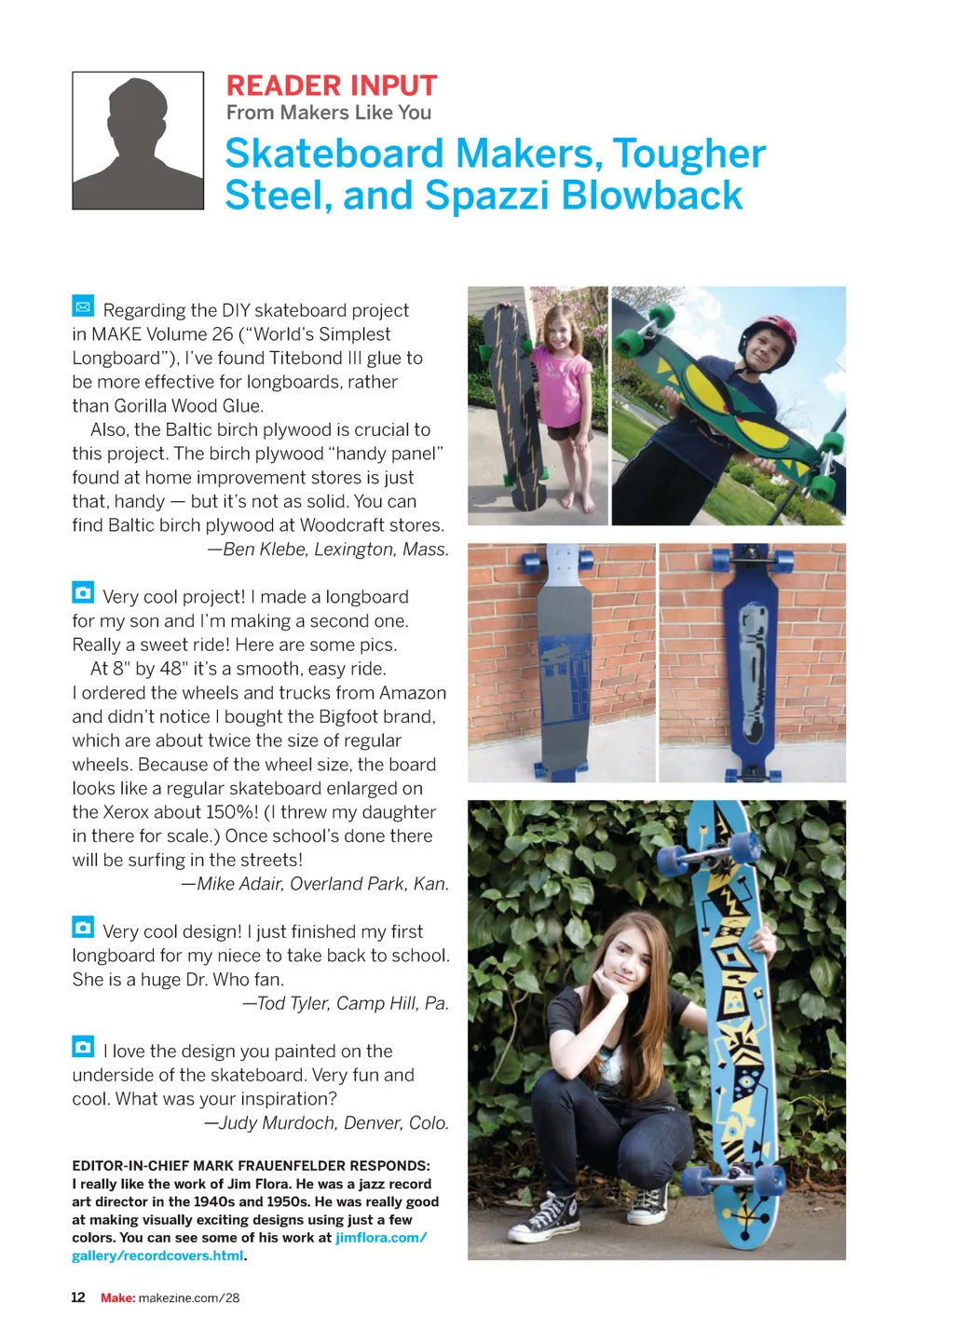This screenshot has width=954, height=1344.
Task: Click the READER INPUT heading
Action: click(x=331, y=86)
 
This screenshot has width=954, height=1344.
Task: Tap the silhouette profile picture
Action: click(x=138, y=140)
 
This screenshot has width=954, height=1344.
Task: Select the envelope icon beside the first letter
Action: click(x=83, y=305)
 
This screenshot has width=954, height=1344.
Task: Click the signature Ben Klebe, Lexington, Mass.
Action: click(x=328, y=550)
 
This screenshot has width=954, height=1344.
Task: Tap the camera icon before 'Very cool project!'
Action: click(x=83, y=592)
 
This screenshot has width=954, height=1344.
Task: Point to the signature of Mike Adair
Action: click(x=315, y=884)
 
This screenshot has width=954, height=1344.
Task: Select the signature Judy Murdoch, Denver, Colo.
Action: click(x=326, y=1123)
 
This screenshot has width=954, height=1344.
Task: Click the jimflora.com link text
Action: click(x=380, y=1238)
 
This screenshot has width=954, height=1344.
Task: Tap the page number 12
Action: click(x=78, y=1297)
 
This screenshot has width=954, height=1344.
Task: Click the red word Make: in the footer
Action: click(x=118, y=1297)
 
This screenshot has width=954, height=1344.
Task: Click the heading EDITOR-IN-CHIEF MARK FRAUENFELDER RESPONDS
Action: click(x=251, y=1165)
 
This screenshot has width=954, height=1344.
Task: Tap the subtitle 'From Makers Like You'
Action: click(x=329, y=113)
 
